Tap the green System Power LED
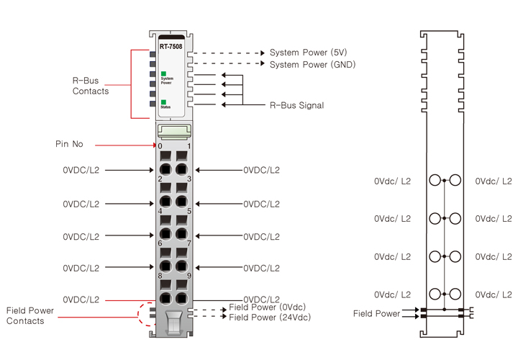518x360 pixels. [x=164, y=73]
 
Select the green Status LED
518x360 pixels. [x=164, y=102]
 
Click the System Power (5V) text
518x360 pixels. [x=307, y=53]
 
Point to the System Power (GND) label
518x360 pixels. [x=312, y=65]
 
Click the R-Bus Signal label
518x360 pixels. [x=296, y=106]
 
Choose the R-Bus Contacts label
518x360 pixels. [x=91, y=86]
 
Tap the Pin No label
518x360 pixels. [x=69, y=144]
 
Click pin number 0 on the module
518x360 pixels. [x=160, y=145]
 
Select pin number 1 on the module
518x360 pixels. [x=188, y=145]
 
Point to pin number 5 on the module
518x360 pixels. [x=188, y=211]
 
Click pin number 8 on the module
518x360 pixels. [x=160, y=275]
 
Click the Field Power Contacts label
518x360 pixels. [x=29, y=315]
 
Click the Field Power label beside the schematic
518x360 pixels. [x=377, y=314]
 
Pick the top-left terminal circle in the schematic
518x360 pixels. [x=435, y=181]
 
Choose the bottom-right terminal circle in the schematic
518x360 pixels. [x=455, y=294]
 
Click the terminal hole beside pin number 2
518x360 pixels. [x=165, y=169]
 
